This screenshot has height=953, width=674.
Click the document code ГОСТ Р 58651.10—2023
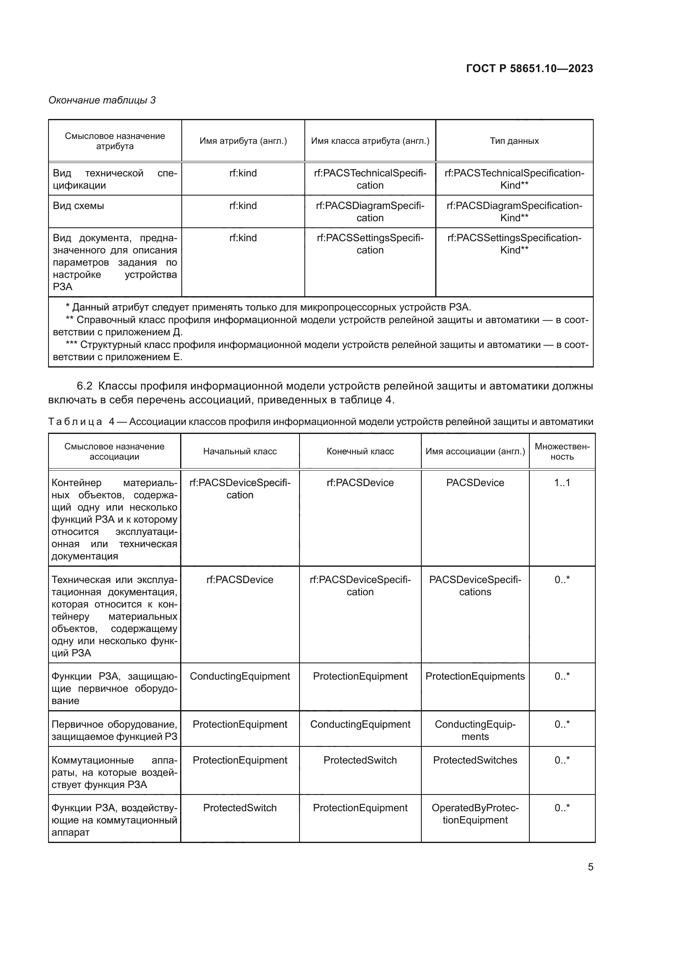(529, 68)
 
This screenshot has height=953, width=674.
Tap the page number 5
(590, 867)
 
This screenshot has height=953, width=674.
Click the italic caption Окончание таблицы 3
(102, 100)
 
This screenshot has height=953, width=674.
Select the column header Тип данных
(514, 141)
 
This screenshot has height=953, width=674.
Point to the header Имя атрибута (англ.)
(243, 141)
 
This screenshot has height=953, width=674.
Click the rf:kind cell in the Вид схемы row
(243, 206)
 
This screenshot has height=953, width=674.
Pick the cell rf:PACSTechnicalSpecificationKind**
(514, 179)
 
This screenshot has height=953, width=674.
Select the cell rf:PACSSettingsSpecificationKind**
(514, 244)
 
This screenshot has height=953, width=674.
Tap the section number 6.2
(84, 386)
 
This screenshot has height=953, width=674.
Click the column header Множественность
(562, 451)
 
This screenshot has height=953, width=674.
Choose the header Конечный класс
(360, 451)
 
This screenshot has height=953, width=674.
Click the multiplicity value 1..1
(562, 483)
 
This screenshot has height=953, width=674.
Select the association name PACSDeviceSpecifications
(475, 585)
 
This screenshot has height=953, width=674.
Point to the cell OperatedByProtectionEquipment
(475, 814)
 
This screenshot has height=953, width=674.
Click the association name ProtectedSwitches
(475, 760)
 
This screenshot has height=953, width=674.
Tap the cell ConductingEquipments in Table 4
(475, 730)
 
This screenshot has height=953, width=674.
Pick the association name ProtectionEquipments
(475, 676)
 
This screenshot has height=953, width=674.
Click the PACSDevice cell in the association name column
(475, 483)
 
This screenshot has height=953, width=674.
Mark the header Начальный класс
(240, 451)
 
